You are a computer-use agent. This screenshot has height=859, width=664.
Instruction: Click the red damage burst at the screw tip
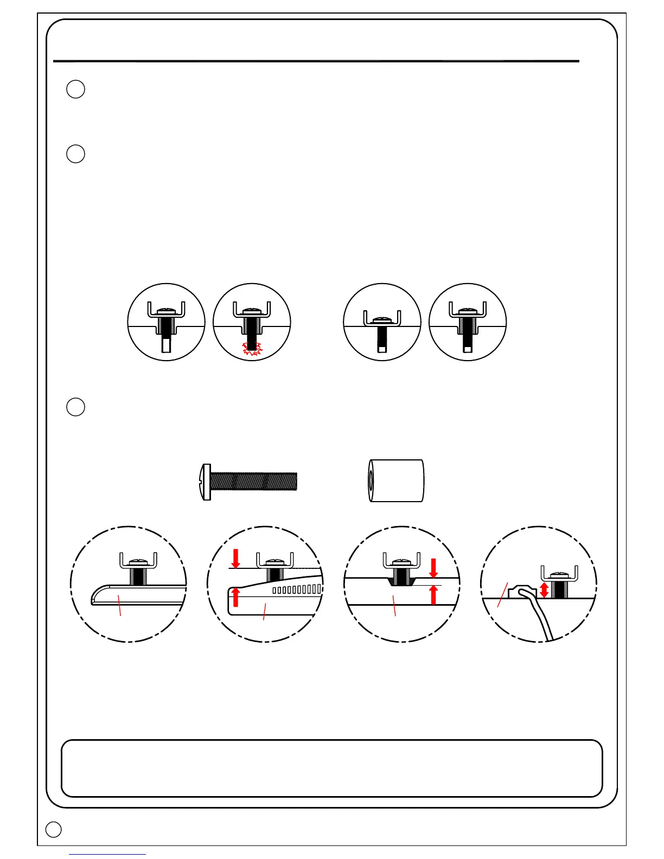[x=251, y=348]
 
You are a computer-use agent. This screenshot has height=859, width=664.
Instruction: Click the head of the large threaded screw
[x=206, y=482]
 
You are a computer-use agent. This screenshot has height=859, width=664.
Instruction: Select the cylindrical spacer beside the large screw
[x=396, y=481]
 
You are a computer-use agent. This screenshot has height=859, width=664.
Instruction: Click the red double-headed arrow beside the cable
[x=544, y=590]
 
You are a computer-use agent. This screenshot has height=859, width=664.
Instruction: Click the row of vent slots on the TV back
[x=297, y=589]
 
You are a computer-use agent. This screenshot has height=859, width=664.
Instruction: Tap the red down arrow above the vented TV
[x=235, y=558]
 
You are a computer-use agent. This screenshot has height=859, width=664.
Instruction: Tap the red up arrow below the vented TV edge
[x=235, y=597]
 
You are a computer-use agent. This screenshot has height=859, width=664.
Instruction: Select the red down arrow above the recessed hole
[x=433, y=568]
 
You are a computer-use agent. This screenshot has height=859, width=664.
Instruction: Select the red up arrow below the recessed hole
[x=433, y=595]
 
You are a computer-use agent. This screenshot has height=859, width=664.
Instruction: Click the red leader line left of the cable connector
[x=502, y=594]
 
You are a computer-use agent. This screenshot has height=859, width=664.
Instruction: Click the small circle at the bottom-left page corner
[x=53, y=829]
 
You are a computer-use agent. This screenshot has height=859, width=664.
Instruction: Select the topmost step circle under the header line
[x=76, y=89]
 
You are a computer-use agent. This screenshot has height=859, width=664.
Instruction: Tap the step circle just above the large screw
[x=76, y=407]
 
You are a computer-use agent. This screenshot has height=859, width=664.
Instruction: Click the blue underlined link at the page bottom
[x=107, y=855]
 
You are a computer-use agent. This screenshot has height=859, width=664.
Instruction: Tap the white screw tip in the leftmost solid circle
[x=167, y=345]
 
